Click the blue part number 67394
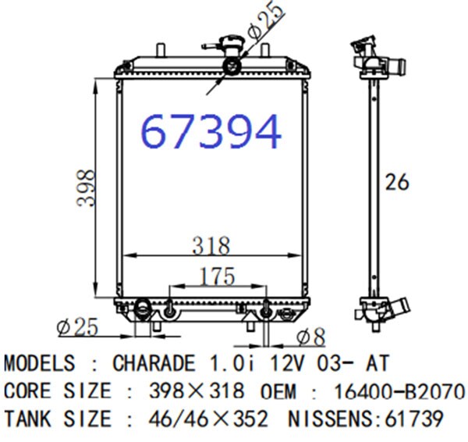tap(211, 131)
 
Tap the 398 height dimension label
tap(86, 187)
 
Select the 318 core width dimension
tap(211, 245)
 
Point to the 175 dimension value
tap(218, 276)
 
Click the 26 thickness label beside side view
tap(397, 182)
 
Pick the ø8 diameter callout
tap(310, 337)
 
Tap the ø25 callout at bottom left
tap(77, 326)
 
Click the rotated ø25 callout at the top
tap(266, 20)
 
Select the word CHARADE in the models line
tap(154, 363)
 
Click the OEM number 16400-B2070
tap(399, 391)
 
